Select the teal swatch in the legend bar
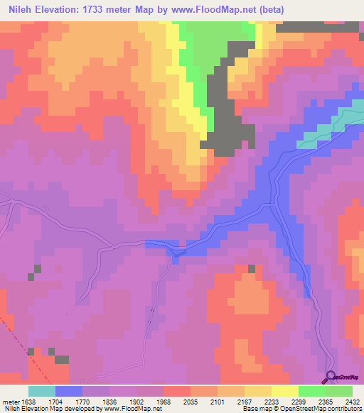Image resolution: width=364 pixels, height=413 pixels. (42, 391)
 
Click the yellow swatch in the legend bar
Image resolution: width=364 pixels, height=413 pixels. (285, 391)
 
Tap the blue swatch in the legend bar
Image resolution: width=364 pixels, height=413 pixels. (69, 391)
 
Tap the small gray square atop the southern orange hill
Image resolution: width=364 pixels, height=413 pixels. (251, 268)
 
